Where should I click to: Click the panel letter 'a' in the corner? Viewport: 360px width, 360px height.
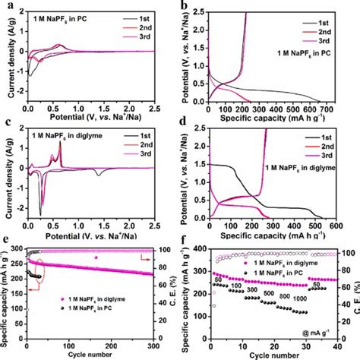pyautogui.click(x=5, y=6)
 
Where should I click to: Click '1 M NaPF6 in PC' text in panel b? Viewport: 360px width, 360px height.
pyautogui.click(x=310, y=57)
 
